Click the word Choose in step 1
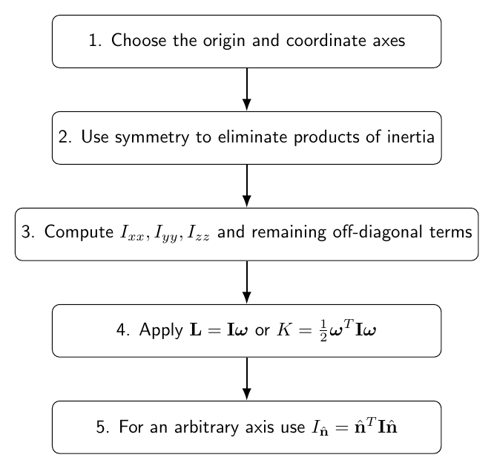click(x=139, y=40)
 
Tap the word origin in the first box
click(x=224, y=42)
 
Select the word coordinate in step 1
click(x=326, y=40)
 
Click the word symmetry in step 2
click(x=152, y=138)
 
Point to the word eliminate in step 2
click(x=253, y=137)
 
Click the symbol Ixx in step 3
click(x=132, y=233)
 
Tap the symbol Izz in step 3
click(x=199, y=233)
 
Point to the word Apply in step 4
click(x=161, y=330)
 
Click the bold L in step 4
click(x=195, y=329)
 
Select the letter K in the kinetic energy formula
click(x=283, y=329)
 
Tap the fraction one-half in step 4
click(x=323, y=331)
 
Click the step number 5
click(x=100, y=427)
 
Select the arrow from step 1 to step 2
click(x=247, y=89)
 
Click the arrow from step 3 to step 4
click(x=247, y=283)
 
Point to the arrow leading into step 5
click(x=247, y=379)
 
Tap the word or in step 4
click(x=262, y=331)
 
